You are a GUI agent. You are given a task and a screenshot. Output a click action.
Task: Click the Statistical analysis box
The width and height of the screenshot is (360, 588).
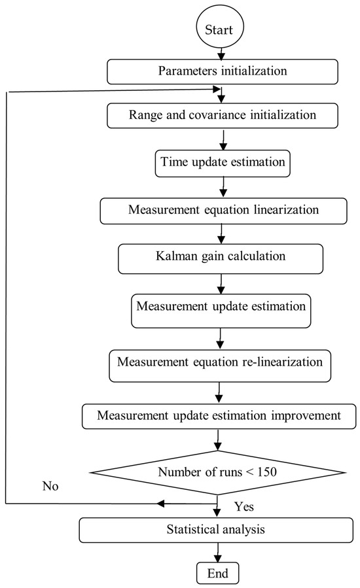215,530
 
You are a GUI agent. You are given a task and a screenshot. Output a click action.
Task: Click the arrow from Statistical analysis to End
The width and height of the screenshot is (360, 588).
215,553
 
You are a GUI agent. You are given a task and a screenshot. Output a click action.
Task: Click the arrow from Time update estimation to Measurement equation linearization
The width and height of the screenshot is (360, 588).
223,187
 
